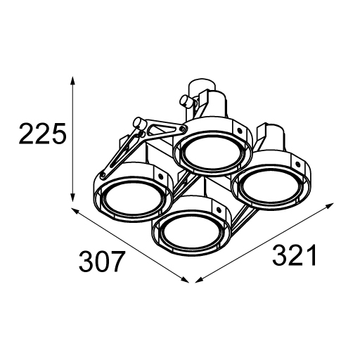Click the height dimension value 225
point(41,133)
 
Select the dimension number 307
point(101,261)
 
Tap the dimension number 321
point(295,255)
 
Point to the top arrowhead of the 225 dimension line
point(73,80)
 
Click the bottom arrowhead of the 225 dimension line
point(73,198)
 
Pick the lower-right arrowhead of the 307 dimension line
point(186,280)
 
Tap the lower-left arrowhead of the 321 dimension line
point(199,280)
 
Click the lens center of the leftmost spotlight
point(133,198)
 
